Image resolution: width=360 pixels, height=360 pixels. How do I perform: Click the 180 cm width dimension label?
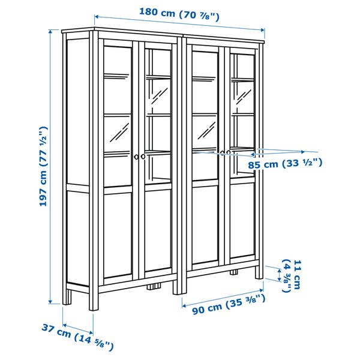point(179,14)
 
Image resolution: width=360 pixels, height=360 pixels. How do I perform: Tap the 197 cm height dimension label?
point(44,166)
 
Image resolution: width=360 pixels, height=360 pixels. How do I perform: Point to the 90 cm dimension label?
point(229,305)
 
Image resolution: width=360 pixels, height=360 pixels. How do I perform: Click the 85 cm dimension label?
point(285,163)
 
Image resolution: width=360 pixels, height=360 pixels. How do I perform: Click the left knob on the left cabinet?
point(136,157)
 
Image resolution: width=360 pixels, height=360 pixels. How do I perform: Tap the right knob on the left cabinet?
point(143,157)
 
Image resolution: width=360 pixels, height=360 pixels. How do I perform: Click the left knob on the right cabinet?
point(222,152)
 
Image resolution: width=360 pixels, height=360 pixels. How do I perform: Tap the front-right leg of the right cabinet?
point(259,272)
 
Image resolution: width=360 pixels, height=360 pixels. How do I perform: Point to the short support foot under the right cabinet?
point(234,272)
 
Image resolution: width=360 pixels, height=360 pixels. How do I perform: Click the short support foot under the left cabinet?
point(154,287)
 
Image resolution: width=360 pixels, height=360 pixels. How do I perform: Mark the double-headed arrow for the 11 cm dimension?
point(279,275)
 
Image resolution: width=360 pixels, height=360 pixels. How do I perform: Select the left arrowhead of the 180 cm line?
point(97,17)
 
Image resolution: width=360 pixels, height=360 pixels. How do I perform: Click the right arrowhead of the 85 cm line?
point(303,152)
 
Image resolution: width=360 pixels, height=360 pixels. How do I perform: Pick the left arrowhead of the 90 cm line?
point(184,305)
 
